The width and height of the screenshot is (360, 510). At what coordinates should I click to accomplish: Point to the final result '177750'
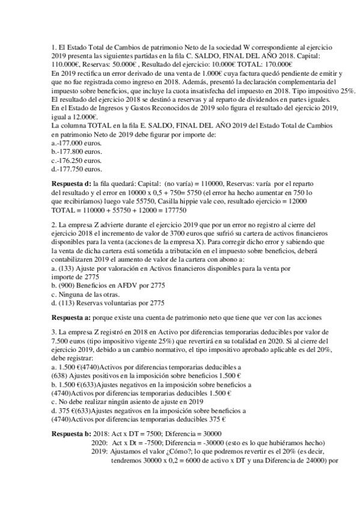click(172, 211)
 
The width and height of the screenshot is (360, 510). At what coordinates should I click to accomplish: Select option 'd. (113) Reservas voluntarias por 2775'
click(108, 303)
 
